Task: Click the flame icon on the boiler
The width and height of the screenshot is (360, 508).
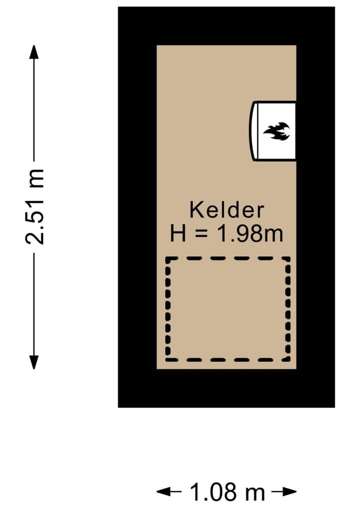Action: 277,131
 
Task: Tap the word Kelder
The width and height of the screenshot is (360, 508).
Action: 226,210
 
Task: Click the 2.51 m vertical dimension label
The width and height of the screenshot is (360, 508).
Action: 35,206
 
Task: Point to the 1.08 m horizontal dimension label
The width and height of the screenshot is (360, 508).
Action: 227,492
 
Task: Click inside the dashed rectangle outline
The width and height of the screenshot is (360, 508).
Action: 228,309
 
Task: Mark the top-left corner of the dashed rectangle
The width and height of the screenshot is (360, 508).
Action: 168,260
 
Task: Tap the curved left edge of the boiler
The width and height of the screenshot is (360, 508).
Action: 251,131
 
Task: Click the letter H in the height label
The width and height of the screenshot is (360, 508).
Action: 178,234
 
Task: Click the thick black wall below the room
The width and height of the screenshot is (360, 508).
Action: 226,388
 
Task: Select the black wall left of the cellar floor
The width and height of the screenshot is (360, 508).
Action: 137,207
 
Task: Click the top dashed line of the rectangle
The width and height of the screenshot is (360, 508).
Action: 228,259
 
